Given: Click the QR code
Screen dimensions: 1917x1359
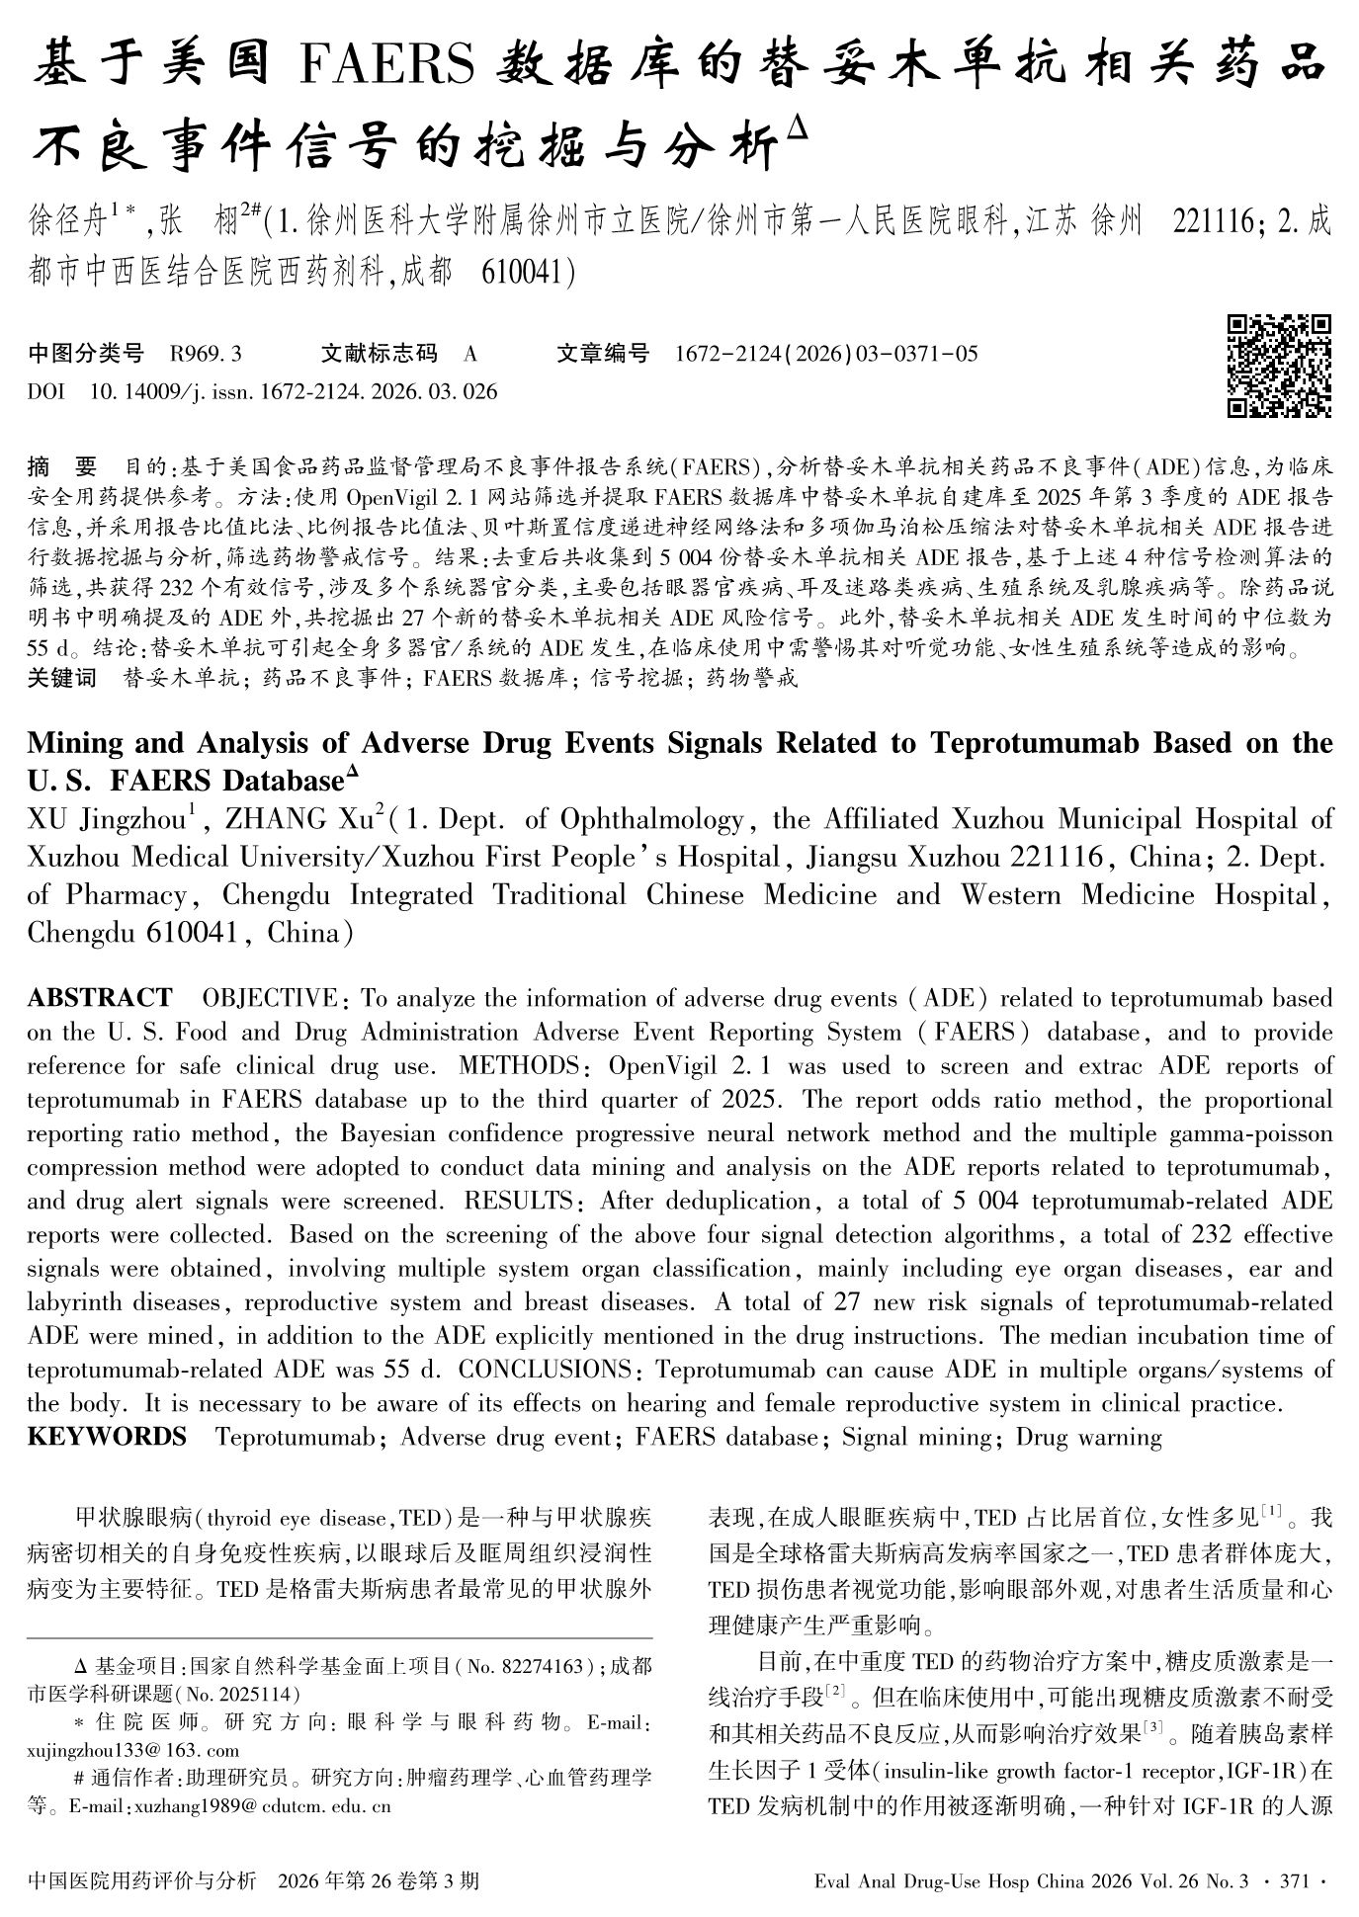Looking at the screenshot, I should (x=1278, y=367).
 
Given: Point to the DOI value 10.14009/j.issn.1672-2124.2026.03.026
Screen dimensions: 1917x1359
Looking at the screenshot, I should (x=294, y=392).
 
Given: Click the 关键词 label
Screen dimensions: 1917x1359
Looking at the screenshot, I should (x=62, y=679).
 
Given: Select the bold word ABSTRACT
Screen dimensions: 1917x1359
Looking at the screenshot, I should (x=100, y=998).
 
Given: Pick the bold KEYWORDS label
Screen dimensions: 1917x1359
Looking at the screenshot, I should (x=107, y=1437).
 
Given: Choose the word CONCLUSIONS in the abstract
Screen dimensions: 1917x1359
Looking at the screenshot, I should (x=545, y=1371).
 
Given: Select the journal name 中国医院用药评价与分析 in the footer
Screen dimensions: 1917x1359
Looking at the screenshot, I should (x=143, y=1880).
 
